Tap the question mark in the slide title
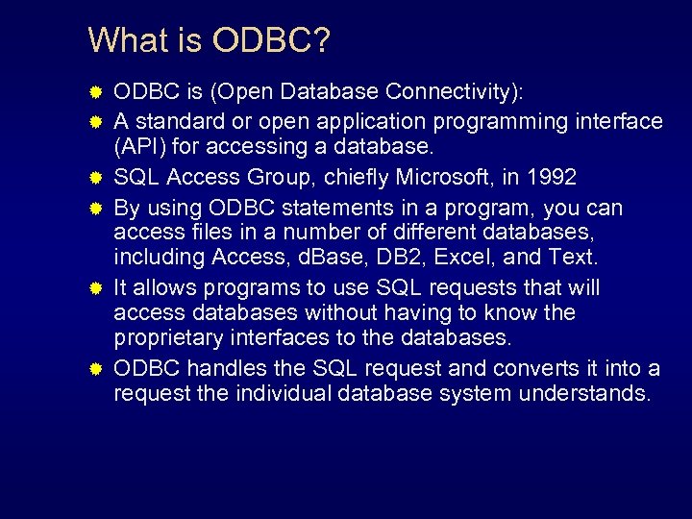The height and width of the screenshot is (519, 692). [321, 40]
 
